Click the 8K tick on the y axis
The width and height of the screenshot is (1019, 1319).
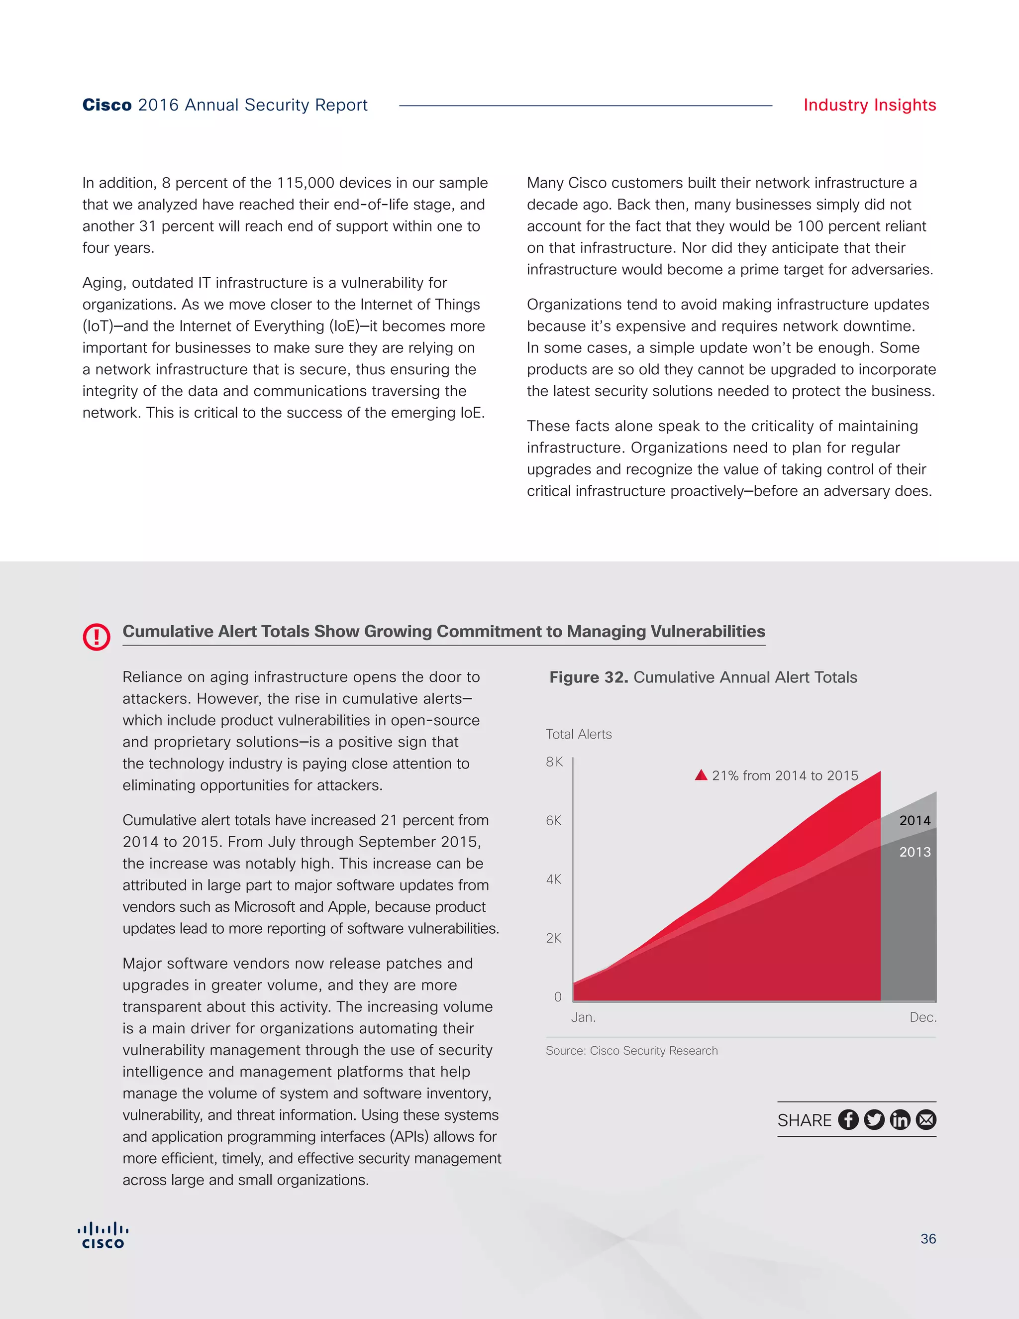tap(554, 762)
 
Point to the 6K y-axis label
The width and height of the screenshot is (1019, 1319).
tap(554, 821)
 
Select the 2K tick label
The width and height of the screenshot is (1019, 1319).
tap(554, 938)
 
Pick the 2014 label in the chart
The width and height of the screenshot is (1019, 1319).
tap(915, 821)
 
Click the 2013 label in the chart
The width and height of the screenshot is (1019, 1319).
tap(915, 852)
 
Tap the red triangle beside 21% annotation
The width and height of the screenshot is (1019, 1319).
tap(701, 775)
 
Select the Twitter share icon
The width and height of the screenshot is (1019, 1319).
tap(874, 1120)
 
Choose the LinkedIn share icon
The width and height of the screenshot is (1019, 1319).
tap(900, 1120)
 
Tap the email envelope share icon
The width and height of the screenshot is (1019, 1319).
tap(926, 1120)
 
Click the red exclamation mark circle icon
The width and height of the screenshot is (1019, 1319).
tap(97, 637)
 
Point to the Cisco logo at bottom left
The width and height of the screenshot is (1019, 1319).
tap(103, 1235)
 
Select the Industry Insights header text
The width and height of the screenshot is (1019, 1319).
tap(869, 105)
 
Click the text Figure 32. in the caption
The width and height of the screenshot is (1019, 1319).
tap(588, 677)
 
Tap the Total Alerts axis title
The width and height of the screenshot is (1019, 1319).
tap(578, 734)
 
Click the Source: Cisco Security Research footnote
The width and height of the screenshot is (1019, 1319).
tap(631, 1051)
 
